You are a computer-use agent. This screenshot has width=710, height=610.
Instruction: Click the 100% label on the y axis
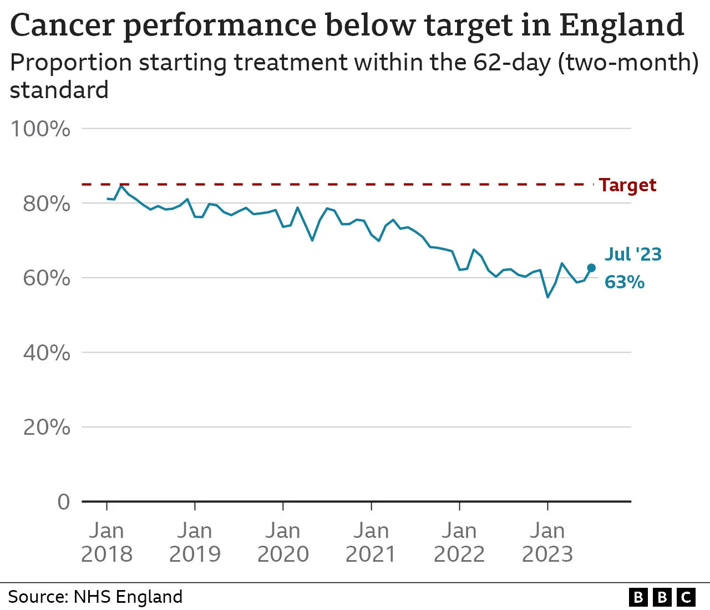coord(40,129)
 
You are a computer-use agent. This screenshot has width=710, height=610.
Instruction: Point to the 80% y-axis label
coord(47,204)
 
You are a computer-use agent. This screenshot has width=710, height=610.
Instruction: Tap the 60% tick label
coord(47,278)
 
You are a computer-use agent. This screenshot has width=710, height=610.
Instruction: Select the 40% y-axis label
coord(47,353)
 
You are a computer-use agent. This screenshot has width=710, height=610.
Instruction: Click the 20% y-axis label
coord(47,428)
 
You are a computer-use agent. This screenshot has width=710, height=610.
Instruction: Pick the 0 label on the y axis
coord(64,502)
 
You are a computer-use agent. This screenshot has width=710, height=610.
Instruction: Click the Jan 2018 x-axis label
coord(106,542)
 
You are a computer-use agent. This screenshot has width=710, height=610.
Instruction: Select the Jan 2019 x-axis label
coord(195,542)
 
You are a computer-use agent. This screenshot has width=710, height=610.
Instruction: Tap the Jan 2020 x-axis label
coord(283,542)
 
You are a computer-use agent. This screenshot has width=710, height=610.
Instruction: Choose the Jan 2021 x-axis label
coord(371,542)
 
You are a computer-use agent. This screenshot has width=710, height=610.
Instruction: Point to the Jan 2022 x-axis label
coord(459,542)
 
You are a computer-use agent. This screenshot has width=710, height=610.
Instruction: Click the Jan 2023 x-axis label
coord(547,542)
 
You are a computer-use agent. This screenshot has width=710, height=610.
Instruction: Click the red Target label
coord(627,185)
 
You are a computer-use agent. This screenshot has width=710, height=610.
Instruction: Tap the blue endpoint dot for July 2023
coord(591,268)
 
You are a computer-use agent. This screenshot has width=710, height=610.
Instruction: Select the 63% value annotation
coord(625,282)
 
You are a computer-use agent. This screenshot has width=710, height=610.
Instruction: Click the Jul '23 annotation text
coord(633,254)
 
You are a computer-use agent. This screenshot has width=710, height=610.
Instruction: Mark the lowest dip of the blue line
coord(547,297)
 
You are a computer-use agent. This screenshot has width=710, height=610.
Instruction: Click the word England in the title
coord(621,26)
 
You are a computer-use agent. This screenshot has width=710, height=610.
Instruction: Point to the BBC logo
coord(662,597)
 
